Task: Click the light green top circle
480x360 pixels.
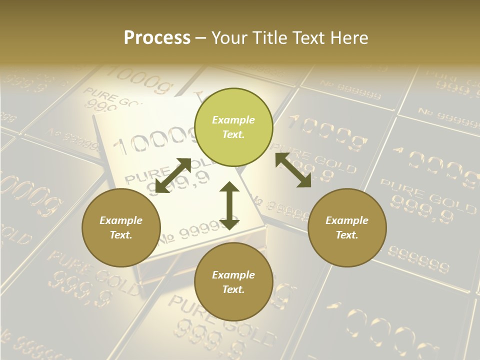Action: [x=233, y=127]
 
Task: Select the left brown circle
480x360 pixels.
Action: [x=121, y=227]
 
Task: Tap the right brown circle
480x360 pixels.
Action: [x=347, y=227]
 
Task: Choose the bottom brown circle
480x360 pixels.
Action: [x=233, y=282]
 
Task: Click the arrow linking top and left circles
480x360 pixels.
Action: [x=173, y=175]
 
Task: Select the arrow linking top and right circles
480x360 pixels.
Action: [x=293, y=170]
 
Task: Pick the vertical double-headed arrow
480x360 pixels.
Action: [x=229, y=205]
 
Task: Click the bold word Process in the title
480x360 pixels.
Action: [x=157, y=37]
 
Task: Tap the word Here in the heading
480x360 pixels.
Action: [x=350, y=37]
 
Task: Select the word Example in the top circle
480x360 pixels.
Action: [x=233, y=120]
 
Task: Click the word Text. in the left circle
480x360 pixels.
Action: [x=121, y=235]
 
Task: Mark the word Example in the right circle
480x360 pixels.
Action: [x=347, y=220]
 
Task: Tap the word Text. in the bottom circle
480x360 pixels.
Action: [x=233, y=289]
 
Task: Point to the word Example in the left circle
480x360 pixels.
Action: [x=121, y=220]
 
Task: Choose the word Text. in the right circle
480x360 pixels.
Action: [x=347, y=235]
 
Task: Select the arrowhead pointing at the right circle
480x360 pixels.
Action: [x=304, y=181]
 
